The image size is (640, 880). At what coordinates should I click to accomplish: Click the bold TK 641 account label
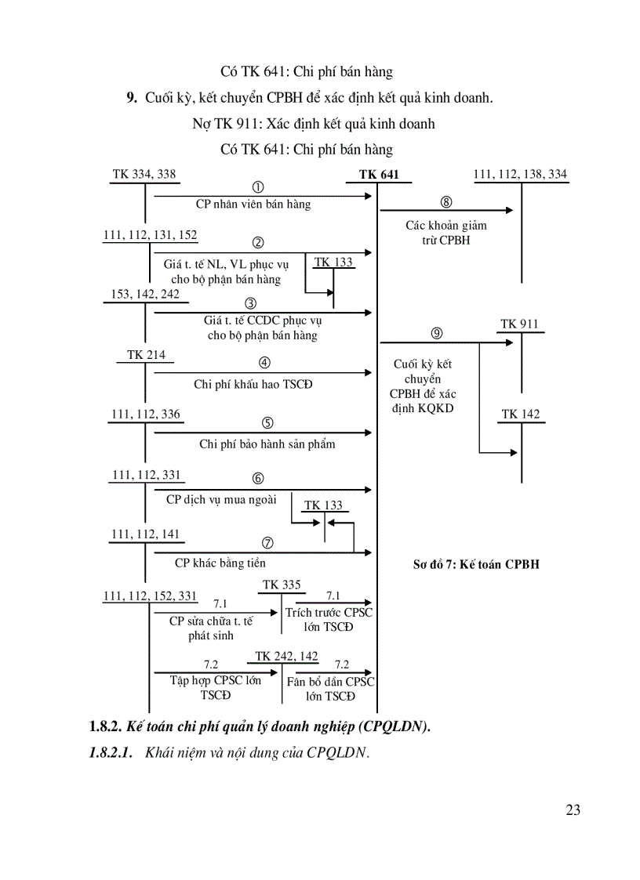(379, 175)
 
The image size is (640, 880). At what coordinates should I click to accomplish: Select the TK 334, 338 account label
(144, 174)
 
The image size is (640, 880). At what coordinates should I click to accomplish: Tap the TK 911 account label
(519, 324)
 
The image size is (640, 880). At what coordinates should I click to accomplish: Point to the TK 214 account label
(146, 355)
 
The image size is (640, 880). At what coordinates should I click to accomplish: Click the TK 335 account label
(282, 585)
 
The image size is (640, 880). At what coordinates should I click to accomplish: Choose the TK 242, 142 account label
(286, 656)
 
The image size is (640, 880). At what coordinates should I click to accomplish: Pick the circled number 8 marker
(446, 202)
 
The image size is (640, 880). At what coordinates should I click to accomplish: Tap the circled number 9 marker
(437, 333)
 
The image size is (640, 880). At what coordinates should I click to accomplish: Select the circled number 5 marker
(267, 423)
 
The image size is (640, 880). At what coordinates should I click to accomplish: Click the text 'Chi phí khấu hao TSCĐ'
(248, 384)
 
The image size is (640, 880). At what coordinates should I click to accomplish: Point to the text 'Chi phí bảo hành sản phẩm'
(267, 444)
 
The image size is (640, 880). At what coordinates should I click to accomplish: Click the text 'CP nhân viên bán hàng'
(253, 205)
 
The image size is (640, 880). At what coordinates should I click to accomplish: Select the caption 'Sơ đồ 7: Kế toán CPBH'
(476, 563)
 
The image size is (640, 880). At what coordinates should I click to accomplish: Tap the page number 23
(573, 810)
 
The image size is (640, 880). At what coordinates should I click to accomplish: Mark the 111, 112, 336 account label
(146, 415)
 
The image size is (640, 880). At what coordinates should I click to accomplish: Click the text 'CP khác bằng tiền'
(220, 563)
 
